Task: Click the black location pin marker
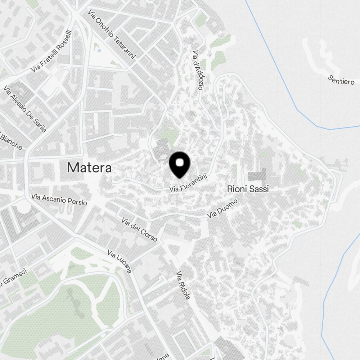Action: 179,165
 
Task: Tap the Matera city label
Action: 89,167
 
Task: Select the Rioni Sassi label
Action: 248,189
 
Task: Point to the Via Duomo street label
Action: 222,209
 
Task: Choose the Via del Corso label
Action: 139,229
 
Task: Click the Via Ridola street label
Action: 183,286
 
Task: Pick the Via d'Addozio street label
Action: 198,70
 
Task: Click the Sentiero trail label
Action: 341,80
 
